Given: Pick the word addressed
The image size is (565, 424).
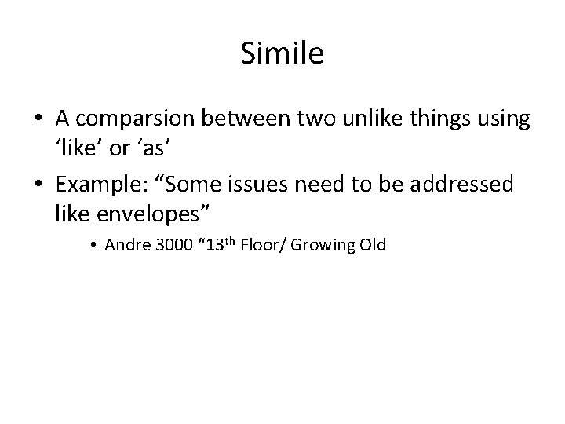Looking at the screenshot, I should click(x=467, y=185).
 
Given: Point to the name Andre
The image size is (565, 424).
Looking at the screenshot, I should click(x=122, y=245).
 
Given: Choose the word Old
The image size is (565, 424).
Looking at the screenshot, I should click(x=372, y=245).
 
